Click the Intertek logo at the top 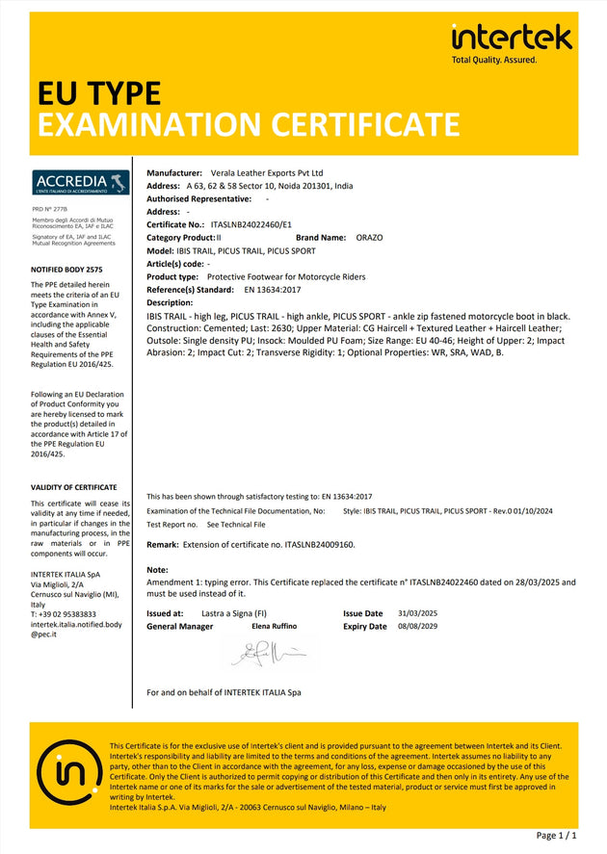point(512,38)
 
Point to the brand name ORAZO point(369,237)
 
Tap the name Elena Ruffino point(276,626)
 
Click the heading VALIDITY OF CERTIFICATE point(74,487)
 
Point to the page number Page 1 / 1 point(556,836)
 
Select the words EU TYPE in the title point(98,93)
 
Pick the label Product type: point(172,276)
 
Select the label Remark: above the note point(163,544)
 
